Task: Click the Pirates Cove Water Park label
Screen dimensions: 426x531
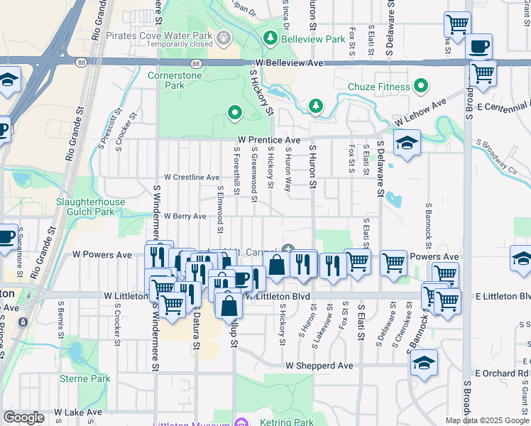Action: [159, 35]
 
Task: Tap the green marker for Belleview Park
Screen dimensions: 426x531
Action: [270, 37]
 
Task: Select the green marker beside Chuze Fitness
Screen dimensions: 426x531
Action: [421, 87]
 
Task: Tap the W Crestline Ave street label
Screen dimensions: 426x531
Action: [192, 177]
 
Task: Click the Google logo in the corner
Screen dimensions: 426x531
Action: [23, 417]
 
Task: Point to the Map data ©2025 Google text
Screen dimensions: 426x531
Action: [487, 420]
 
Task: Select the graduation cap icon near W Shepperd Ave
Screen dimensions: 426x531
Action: [424, 362]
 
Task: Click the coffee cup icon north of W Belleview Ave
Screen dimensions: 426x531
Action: [478, 47]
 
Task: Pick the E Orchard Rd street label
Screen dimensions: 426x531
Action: [503, 373]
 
